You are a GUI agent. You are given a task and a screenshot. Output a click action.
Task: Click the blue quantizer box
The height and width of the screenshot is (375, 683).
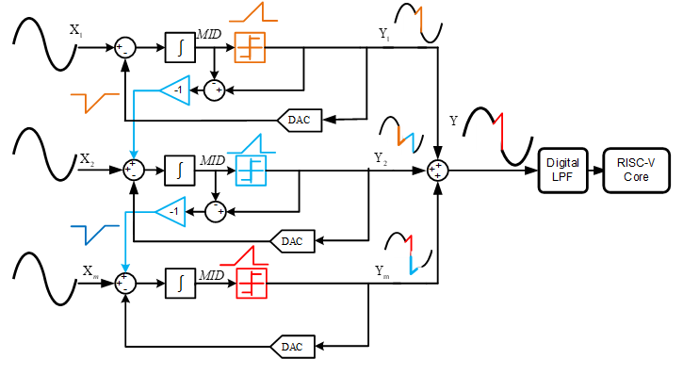pyautogui.click(x=250, y=170)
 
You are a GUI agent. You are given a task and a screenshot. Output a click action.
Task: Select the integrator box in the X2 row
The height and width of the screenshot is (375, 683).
pyautogui.click(x=179, y=170)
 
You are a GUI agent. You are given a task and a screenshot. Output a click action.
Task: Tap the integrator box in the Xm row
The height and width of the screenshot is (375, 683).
pyautogui.click(x=179, y=281)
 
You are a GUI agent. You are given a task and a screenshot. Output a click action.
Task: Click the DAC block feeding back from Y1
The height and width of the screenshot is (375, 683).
pyautogui.click(x=299, y=119)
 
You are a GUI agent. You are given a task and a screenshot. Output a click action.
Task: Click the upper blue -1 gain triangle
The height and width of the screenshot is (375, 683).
pyautogui.click(x=173, y=90)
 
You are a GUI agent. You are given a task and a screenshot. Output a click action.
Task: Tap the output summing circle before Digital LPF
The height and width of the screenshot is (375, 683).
pyautogui.click(x=437, y=170)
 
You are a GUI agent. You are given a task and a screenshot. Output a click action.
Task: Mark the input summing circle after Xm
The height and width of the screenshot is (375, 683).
pyautogui.click(x=125, y=281)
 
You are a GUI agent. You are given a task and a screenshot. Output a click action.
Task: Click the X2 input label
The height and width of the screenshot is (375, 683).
pyautogui.click(x=88, y=158)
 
